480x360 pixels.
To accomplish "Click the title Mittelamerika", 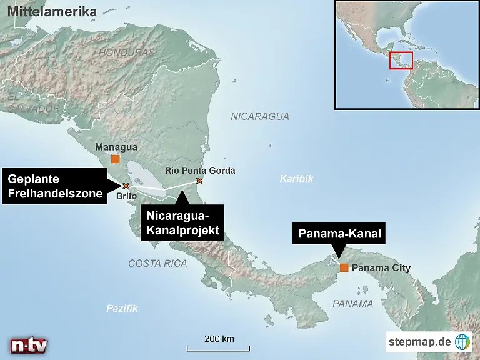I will (x=52, y=12).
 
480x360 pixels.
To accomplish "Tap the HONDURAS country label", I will (x=127, y=52).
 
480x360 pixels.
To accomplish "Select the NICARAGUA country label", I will (x=259, y=116).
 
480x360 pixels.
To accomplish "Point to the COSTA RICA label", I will (x=157, y=264).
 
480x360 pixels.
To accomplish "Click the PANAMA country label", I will (x=352, y=304).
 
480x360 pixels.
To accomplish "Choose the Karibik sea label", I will (x=296, y=179).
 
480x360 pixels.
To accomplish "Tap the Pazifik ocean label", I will (x=121, y=308).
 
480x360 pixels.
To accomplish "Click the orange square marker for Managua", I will (x=115, y=159).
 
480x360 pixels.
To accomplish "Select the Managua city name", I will (x=116, y=147).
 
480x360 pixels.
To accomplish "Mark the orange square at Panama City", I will (x=344, y=267).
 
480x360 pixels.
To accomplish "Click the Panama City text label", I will (x=381, y=268).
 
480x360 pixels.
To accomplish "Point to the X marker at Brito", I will (x=126, y=186).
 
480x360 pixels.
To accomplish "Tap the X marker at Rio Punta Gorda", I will (x=199, y=181).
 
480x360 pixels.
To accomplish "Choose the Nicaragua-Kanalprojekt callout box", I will (x=182, y=223).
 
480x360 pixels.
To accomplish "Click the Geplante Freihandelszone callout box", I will (x=55, y=186).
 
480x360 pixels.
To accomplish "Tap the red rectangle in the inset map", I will (x=401, y=61).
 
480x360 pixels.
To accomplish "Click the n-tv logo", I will (x=29, y=345).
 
